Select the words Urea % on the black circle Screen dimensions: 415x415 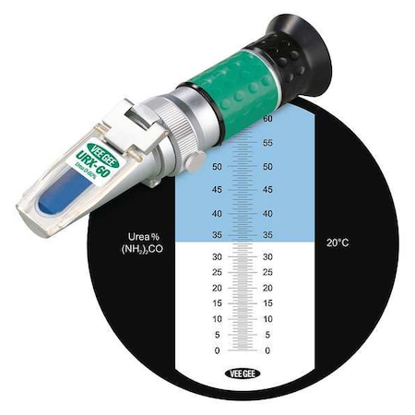[137, 235]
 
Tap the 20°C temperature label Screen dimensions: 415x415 [338, 243]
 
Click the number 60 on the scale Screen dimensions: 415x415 [268, 119]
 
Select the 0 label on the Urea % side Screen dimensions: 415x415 [218, 351]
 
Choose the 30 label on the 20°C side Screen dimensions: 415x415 [268, 257]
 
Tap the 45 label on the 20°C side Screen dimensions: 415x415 [268, 190]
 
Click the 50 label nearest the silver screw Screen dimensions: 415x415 [217, 167]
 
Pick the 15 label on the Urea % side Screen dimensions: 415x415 [216, 303]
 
